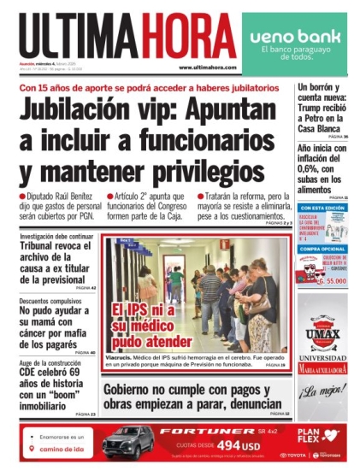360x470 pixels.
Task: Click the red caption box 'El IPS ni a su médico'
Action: point(144,323)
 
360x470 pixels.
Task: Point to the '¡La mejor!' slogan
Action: point(322,391)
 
